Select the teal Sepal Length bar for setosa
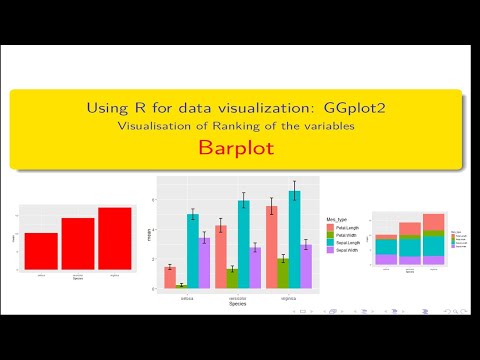(192, 249)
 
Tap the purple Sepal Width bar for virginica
(306, 265)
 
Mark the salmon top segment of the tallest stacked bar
(433, 222)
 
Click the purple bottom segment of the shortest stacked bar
(386, 259)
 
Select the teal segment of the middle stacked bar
(410, 246)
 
